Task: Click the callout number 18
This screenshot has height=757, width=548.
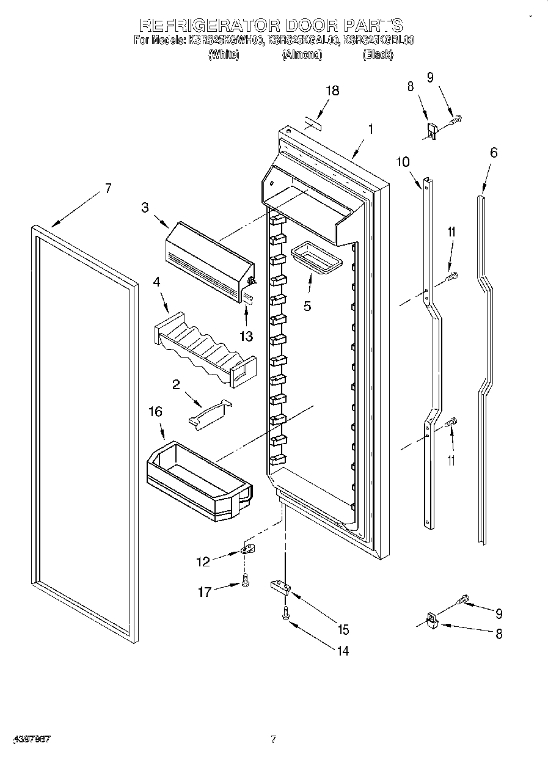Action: point(332,90)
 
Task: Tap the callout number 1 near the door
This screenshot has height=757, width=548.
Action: point(370,130)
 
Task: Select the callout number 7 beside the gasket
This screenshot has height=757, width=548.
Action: point(108,188)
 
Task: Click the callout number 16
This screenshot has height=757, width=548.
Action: point(156,412)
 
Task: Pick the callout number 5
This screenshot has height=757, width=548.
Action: point(307,306)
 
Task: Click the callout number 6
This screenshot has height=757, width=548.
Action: point(493,153)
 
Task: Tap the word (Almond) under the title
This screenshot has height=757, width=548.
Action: point(302,55)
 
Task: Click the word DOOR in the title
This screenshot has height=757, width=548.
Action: point(304,26)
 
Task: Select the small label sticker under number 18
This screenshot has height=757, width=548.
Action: point(312,125)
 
